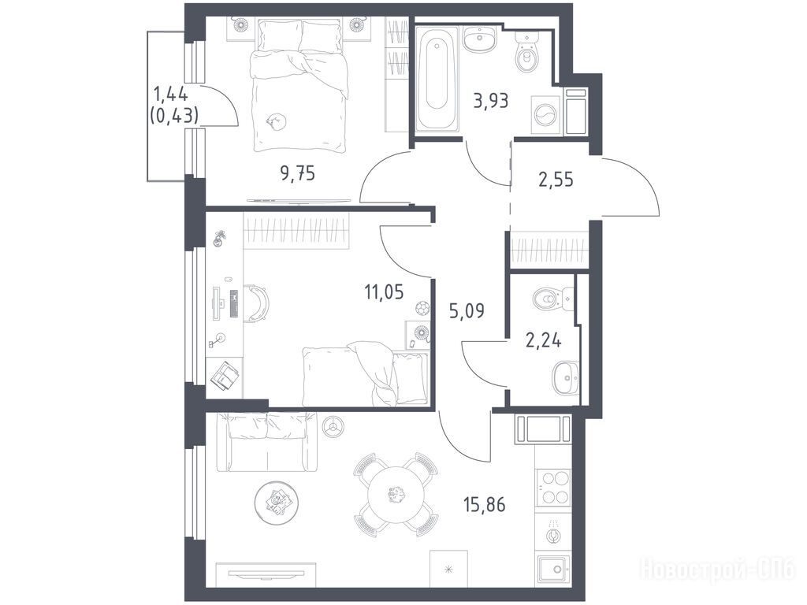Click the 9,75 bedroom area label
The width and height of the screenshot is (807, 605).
coord(297,174)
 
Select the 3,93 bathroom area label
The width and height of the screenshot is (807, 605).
coord(491,101)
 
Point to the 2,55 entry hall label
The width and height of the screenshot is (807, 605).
coord(556,180)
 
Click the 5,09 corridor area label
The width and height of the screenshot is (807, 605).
coord(467,310)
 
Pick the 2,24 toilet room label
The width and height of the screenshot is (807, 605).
coord(543,340)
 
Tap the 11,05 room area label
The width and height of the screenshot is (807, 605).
coord(384,292)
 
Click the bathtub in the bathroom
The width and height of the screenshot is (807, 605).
coord(437,76)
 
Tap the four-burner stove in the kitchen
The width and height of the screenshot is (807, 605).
coord(553,488)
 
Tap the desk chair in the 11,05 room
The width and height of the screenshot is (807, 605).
coord(258,304)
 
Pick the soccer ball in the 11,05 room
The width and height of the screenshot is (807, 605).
coord(422,308)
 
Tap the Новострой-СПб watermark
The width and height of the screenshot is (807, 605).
coord(717,570)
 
